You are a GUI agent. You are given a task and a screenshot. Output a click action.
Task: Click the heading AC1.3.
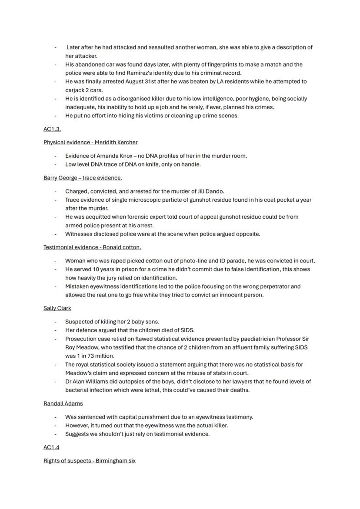(52, 129)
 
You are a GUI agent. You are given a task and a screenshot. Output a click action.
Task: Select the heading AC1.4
(51, 447)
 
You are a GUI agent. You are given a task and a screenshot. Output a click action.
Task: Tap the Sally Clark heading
(57, 308)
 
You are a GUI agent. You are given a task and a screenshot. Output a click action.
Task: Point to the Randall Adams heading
(63, 403)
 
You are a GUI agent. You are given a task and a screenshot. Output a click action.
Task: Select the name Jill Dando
(210, 191)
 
